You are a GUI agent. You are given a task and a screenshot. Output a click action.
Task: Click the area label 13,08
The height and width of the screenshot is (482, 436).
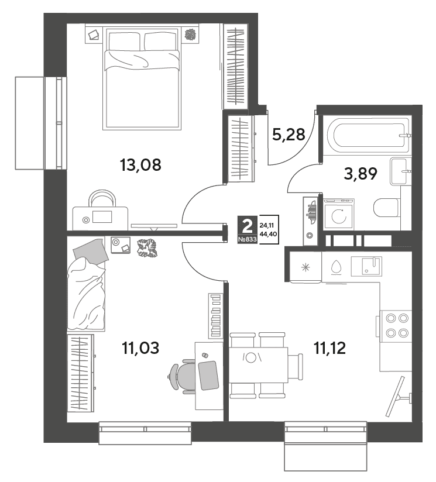click(140, 165)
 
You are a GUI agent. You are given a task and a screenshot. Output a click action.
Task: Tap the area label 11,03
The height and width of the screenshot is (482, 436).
click(140, 348)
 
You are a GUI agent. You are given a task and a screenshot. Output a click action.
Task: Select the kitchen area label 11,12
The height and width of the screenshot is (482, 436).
click(329, 348)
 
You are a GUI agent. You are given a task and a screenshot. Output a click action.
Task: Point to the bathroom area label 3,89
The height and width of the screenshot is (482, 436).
click(360, 174)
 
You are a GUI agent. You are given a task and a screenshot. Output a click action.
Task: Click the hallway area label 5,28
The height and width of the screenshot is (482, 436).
click(289, 135)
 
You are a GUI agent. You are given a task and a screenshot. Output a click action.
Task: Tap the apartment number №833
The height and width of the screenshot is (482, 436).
click(247, 240)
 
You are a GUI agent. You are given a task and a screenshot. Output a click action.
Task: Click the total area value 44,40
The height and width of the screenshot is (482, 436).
click(268, 234)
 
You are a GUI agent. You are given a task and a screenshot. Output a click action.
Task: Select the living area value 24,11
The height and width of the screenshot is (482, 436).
click(267, 225)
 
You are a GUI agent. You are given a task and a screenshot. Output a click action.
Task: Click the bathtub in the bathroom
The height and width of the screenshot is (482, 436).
click(369, 135)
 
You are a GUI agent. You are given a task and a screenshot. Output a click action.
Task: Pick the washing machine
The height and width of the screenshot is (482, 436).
click(339, 214)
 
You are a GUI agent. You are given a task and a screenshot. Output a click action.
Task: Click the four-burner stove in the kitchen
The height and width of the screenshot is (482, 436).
click(396, 326)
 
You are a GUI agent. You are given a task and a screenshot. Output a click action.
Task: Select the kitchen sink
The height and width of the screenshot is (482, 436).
click(366, 266)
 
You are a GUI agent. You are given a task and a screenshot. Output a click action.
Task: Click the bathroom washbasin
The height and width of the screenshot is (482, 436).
click(401, 171)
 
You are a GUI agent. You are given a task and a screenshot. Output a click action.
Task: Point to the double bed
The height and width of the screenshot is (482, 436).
click(142, 79)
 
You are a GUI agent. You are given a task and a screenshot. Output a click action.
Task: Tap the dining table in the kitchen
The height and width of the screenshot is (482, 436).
click(259, 365)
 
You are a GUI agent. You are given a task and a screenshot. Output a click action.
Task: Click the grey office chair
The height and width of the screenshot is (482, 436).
click(184, 376)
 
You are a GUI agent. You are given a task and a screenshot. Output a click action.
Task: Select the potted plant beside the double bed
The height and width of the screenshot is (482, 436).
click(191, 34)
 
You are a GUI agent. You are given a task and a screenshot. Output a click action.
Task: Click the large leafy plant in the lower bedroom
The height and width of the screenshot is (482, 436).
click(147, 248)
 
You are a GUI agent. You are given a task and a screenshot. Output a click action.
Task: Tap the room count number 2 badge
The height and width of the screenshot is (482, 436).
click(247, 226)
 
